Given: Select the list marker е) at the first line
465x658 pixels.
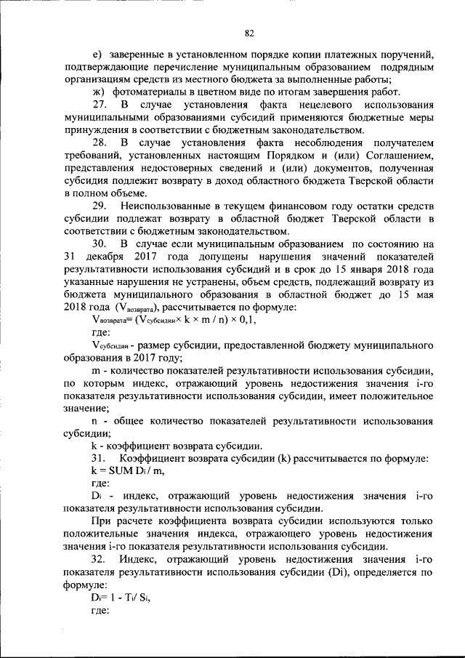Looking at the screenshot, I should click(x=97, y=56).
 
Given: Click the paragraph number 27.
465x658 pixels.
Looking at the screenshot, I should click(x=100, y=105).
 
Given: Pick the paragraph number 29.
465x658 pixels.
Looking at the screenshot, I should click(x=100, y=206).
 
